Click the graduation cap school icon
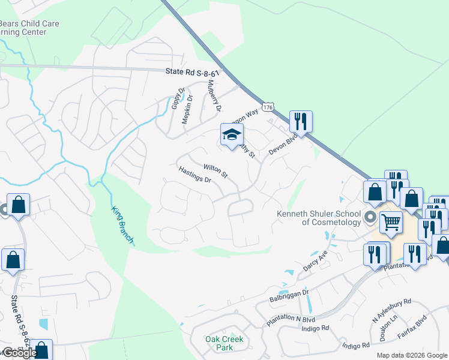(x=231, y=135)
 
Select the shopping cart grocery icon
(x=391, y=223)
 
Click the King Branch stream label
(x=122, y=226)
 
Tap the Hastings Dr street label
(x=196, y=175)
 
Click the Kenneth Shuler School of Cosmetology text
(x=318, y=218)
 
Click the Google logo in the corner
(x=20, y=353)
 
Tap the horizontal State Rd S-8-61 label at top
(x=192, y=71)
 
